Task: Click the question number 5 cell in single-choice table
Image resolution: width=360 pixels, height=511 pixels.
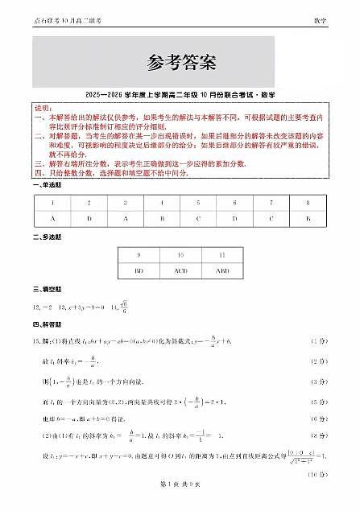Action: coord(198,203)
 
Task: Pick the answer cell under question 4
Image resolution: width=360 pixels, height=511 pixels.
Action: coord(162,218)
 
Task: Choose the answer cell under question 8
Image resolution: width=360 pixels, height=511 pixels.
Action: coord(307,218)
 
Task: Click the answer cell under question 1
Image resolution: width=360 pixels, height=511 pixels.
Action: coord(53,218)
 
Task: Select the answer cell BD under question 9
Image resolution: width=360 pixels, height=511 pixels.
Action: coord(139,271)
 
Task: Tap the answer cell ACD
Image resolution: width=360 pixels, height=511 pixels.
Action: coord(180,271)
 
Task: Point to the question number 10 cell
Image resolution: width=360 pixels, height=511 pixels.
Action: coord(180,255)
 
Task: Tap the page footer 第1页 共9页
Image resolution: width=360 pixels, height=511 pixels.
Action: coord(180,503)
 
